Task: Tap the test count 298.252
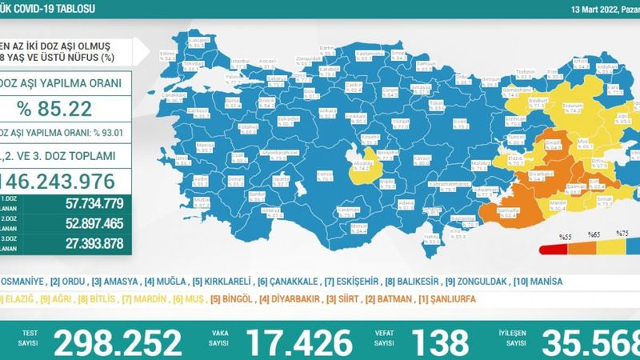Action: point(118,342)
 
